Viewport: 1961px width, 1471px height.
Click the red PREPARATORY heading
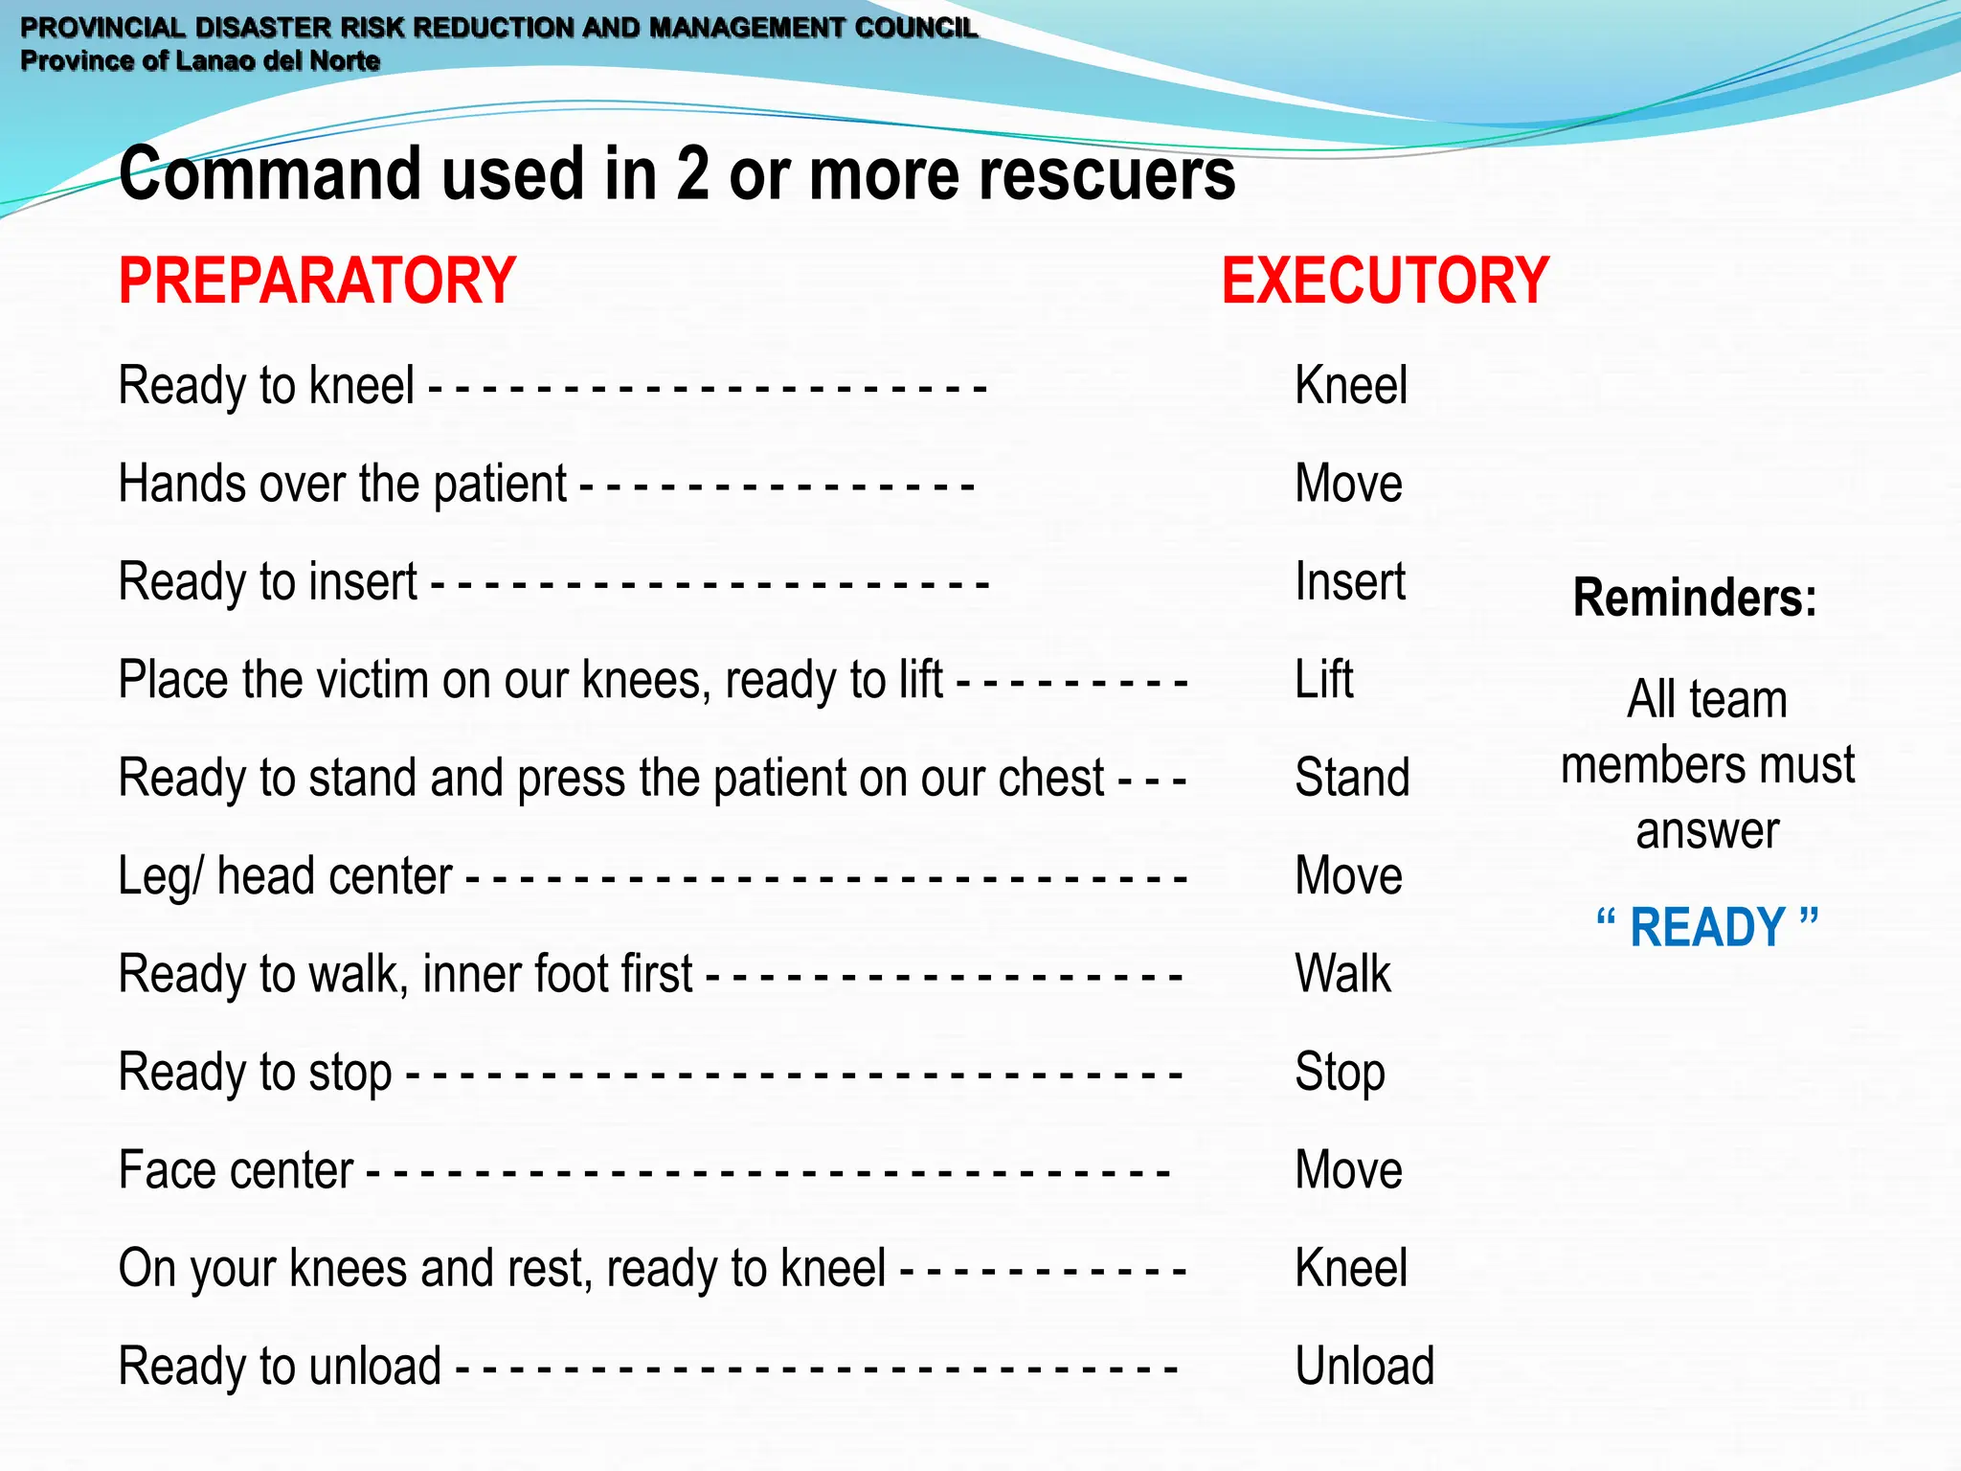(x=317, y=281)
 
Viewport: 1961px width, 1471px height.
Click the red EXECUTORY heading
(x=1385, y=281)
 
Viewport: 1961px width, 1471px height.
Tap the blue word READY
(x=1707, y=927)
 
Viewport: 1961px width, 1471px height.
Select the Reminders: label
(x=1694, y=598)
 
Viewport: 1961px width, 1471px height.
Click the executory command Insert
(x=1350, y=581)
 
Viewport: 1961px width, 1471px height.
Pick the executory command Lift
(x=1324, y=679)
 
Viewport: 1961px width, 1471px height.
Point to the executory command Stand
(x=1352, y=777)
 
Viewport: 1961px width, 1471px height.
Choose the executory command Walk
(x=1342, y=973)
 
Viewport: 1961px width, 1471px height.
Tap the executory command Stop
(x=1340, y=1072)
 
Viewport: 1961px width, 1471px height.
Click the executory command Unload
(x=1364, y=1366)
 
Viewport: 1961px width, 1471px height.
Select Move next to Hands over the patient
(x=1348, y=483)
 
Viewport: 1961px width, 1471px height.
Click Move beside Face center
(x=1348, y=1169)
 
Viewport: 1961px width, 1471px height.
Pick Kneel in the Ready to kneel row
(x=1351, y=385)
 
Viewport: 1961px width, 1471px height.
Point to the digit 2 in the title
(x=692, y=174)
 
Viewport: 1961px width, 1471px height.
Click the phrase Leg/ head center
(x=284, y=875)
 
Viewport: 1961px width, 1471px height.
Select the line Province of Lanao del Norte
(x=200, y=61)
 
